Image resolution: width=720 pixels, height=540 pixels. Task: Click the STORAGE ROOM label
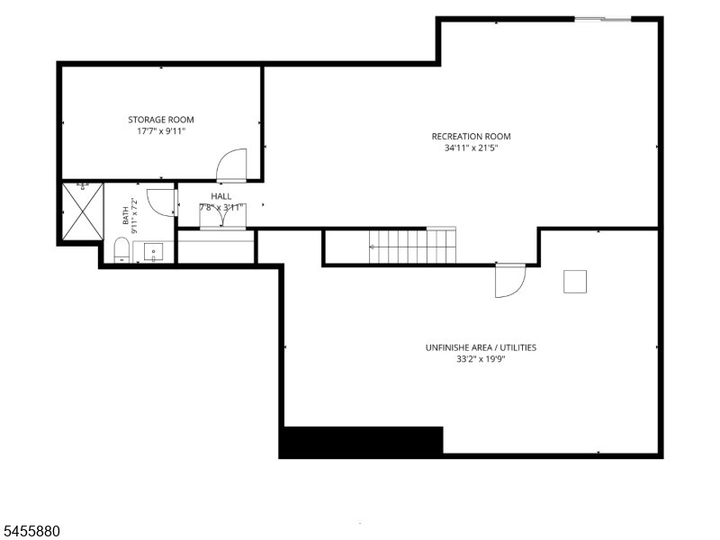pyautogui.click(x=161, y=120)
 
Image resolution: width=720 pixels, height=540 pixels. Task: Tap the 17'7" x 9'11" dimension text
pyautogui.click(x=161, y=131)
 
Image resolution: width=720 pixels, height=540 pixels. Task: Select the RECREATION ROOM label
pyautogui.click(x=471, y=137)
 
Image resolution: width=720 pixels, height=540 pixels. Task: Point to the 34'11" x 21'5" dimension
pyautogui.click(x=471, y=148)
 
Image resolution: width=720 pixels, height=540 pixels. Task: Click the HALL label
pyautogui.click(x=221, y=196)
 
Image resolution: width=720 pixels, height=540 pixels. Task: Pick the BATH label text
pyautogui.click(x=125, y=216)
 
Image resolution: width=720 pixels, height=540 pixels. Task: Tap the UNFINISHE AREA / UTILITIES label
pyautogui.click(x=481, y=347)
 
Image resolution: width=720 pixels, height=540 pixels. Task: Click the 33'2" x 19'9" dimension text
pyautogui.click(x=481, y=359)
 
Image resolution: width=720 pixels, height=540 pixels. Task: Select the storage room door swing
pyautogui.click(x=232, y=164)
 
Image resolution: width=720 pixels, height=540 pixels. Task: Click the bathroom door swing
pyautogui.click(x=162, y=202)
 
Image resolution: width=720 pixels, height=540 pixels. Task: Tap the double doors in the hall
pyautogui.click(x=222, y=216)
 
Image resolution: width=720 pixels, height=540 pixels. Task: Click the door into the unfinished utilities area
pyautogui.click(x=509, y=281)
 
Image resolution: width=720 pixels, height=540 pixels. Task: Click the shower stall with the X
pyautogui.click(x=83, y=211)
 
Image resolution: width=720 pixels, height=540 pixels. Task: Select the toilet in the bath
pyautogui.click(x=121, y=250)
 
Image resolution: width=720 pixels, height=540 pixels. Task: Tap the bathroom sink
pyautogui.click(x=153, y=252)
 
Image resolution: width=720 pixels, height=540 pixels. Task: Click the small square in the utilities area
pyautogui.click(x=575, y=282)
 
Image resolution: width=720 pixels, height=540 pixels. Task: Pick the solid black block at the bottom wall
pyautogui.click(x=363, y=441)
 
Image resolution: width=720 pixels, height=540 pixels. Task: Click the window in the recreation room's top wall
pyautogui.click(x=603, y=19)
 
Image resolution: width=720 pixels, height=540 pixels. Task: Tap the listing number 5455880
pyautogui.click(x=30, y=531)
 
